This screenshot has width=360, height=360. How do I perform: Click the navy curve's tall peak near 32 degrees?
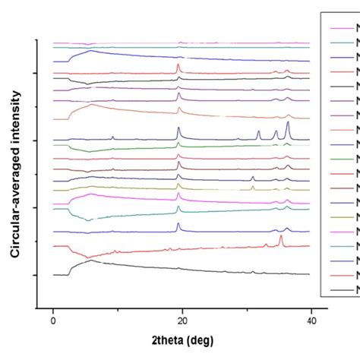click(258, 131)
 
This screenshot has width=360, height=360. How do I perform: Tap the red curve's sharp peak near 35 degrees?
click(281, 236)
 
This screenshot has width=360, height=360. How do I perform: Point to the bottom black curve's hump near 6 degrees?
click(90, 261)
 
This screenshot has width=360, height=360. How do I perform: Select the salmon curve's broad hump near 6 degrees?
click(91, 105)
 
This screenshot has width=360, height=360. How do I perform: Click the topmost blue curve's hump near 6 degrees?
click(90, 52)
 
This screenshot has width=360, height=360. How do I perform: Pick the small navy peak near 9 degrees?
click(112, 137)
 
